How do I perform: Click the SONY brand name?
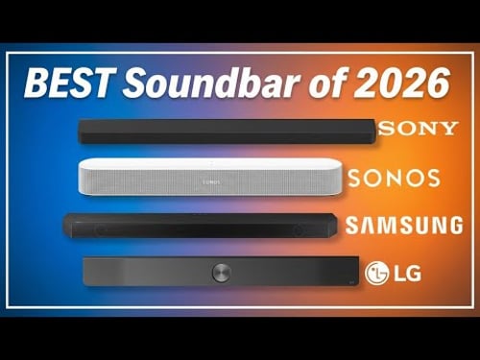pos(418,129)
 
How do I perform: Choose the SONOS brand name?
pos(395,178)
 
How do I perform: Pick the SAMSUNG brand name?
pos(403,226)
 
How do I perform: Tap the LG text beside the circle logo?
pos(406,273)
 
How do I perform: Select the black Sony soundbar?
pos(226,132)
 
